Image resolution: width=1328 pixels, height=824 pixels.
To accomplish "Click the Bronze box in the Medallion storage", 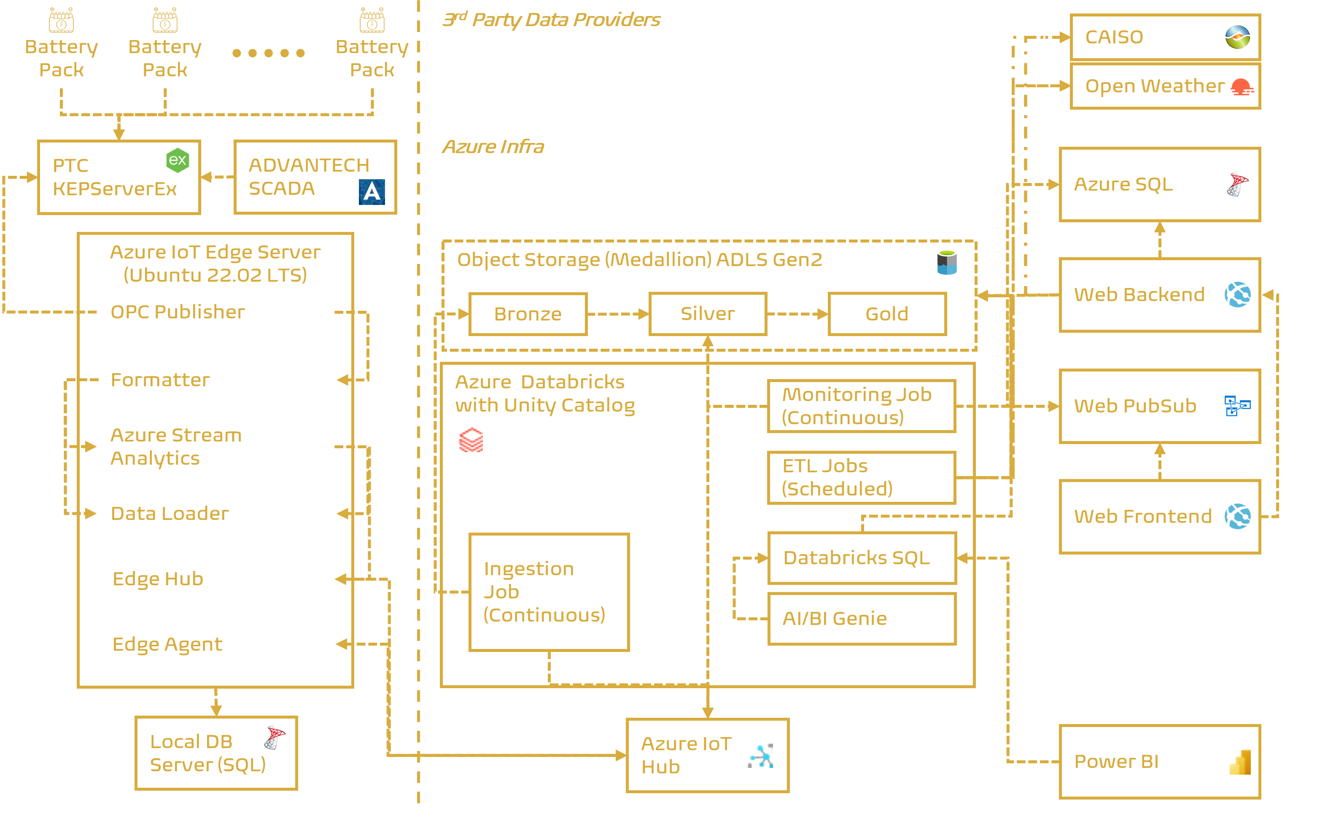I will [528, 314].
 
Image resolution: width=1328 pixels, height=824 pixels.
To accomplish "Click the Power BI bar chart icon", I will [1240, 762].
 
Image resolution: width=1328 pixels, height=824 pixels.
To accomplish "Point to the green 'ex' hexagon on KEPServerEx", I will [178, 160].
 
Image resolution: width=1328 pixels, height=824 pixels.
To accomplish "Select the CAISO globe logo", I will [1238, 37].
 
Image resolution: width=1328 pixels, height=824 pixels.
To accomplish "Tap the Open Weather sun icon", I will [1242, 86].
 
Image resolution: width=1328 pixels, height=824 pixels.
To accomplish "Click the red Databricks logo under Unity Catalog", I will [470, 440].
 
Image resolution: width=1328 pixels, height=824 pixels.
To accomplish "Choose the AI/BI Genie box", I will [862, 619].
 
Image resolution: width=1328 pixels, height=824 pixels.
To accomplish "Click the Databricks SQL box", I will [862, 558].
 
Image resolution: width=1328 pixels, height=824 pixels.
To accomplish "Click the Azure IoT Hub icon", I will [760, 756].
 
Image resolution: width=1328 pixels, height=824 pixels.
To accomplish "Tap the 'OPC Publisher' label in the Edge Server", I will [178, 312].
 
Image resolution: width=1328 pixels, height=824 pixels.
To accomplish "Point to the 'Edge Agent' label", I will [167, 644].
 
